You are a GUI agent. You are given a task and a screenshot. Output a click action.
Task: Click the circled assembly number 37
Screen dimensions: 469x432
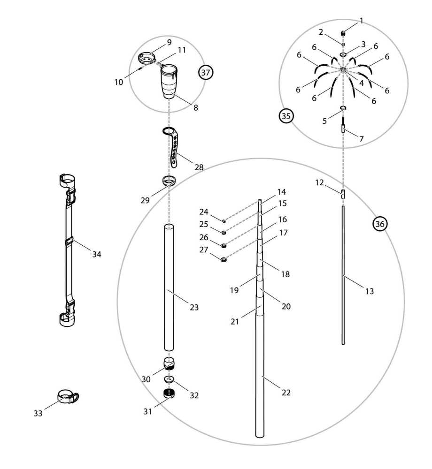[x=206, y=73]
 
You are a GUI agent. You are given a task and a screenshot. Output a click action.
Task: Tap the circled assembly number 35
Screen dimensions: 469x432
[x=286, y=115]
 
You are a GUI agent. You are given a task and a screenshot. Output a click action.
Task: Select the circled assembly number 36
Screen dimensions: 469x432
[x=380, y=224]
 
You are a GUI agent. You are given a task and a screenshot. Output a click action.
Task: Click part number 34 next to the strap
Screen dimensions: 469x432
[x=97, y=254]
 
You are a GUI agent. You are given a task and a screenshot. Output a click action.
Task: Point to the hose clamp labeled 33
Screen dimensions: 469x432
[x=68, y=397]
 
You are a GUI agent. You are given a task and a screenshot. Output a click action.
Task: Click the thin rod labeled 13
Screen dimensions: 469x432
[x=343, y=277]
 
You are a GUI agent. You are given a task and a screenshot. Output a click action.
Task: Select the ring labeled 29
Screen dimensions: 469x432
[x=170, y=180]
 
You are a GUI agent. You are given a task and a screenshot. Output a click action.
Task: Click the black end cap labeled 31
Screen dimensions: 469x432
[x=169, y=393]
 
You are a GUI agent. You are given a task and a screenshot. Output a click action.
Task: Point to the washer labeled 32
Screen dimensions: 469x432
[x=169, y=378]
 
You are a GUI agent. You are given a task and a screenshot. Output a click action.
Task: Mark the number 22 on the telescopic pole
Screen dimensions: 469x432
[x=286, y=393]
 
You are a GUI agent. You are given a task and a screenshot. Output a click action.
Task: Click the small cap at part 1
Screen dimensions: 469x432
[x=343, y=33]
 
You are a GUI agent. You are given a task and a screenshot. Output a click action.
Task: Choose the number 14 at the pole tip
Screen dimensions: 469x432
[x=281, y=192]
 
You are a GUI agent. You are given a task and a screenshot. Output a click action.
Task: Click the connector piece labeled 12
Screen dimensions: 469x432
[x=343, y=193]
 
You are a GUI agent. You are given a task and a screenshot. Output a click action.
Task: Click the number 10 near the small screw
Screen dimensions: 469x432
[x=118, y=82]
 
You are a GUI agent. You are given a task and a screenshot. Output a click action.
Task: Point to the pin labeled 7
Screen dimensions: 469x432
[x=343, y=128]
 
